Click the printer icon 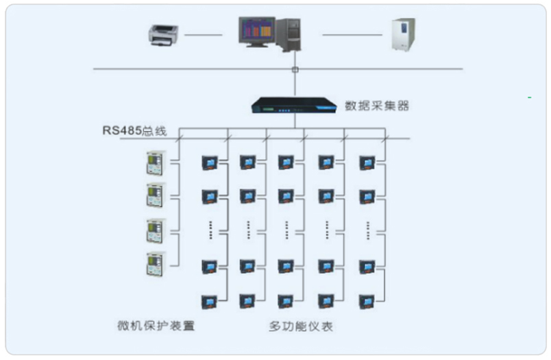click(163, 34)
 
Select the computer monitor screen click(256, 31)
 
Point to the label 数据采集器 click(377, 106)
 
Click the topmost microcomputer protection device click(155, 163)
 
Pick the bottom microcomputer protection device click(155, 263)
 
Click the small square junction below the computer click(295, 69)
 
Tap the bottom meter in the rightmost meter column click(368, 300)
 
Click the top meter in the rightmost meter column click(368, 163)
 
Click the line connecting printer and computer click(203, 35)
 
